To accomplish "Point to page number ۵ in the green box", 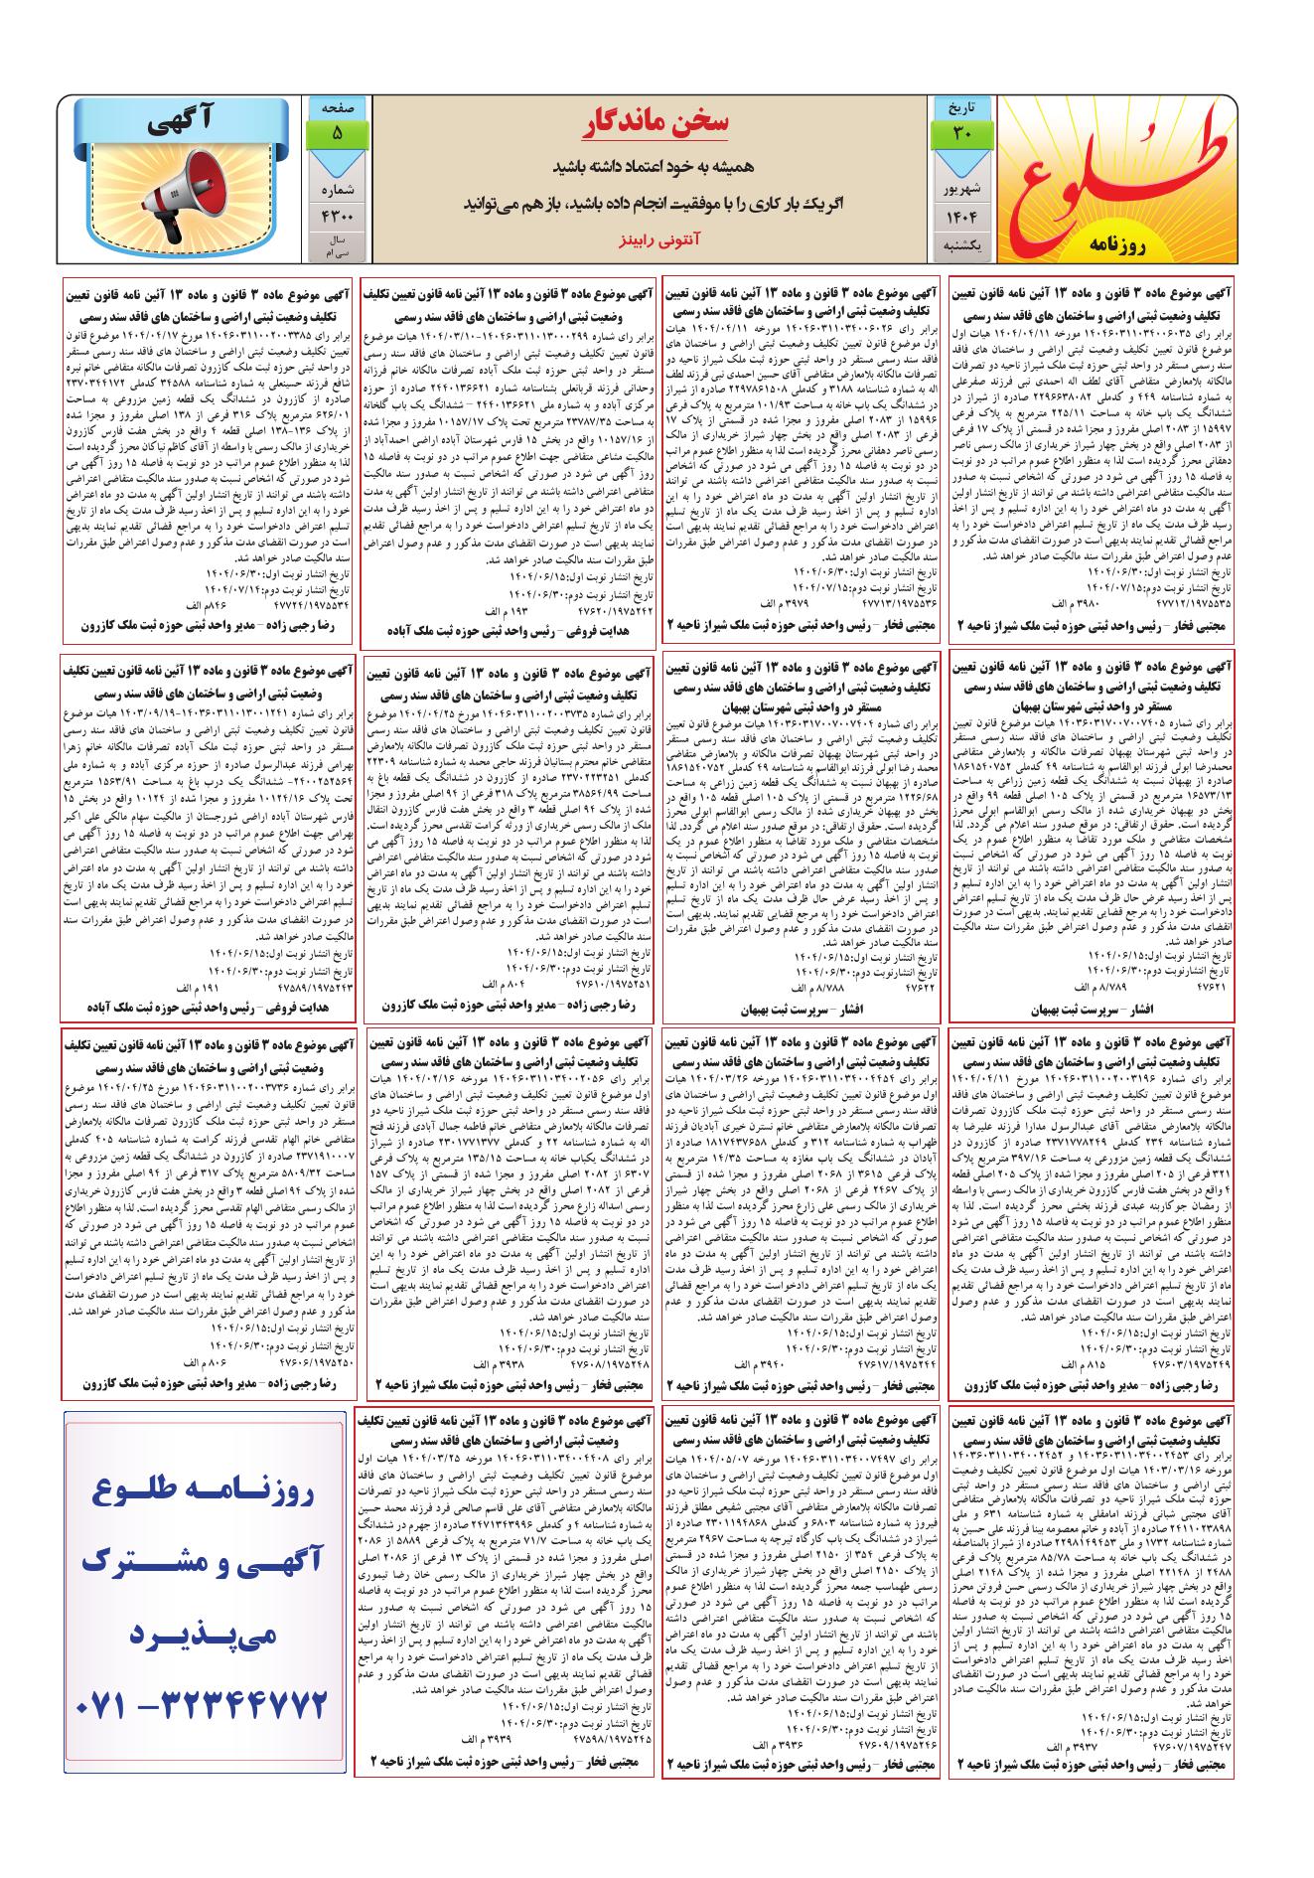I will tap(337, 132).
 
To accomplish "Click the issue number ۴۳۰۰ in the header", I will tap(337, 216).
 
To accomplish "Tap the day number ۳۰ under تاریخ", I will tap(958, 132).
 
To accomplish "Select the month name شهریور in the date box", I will tap(958, 186).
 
